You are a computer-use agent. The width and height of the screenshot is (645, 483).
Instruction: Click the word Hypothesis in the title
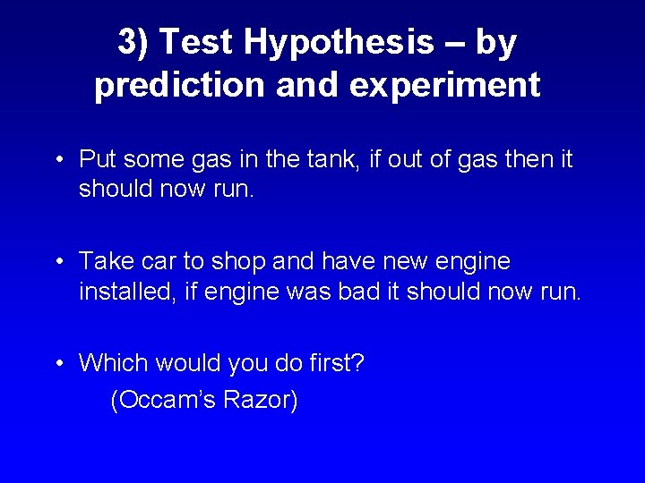[340, 42]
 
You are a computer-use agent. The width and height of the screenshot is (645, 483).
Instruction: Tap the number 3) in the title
[133, 42]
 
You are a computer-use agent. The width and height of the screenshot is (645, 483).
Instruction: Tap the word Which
[114, 363]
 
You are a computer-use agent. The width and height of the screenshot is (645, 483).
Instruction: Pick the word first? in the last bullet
[333, 363]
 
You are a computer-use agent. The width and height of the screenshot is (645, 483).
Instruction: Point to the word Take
[103, 261]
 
